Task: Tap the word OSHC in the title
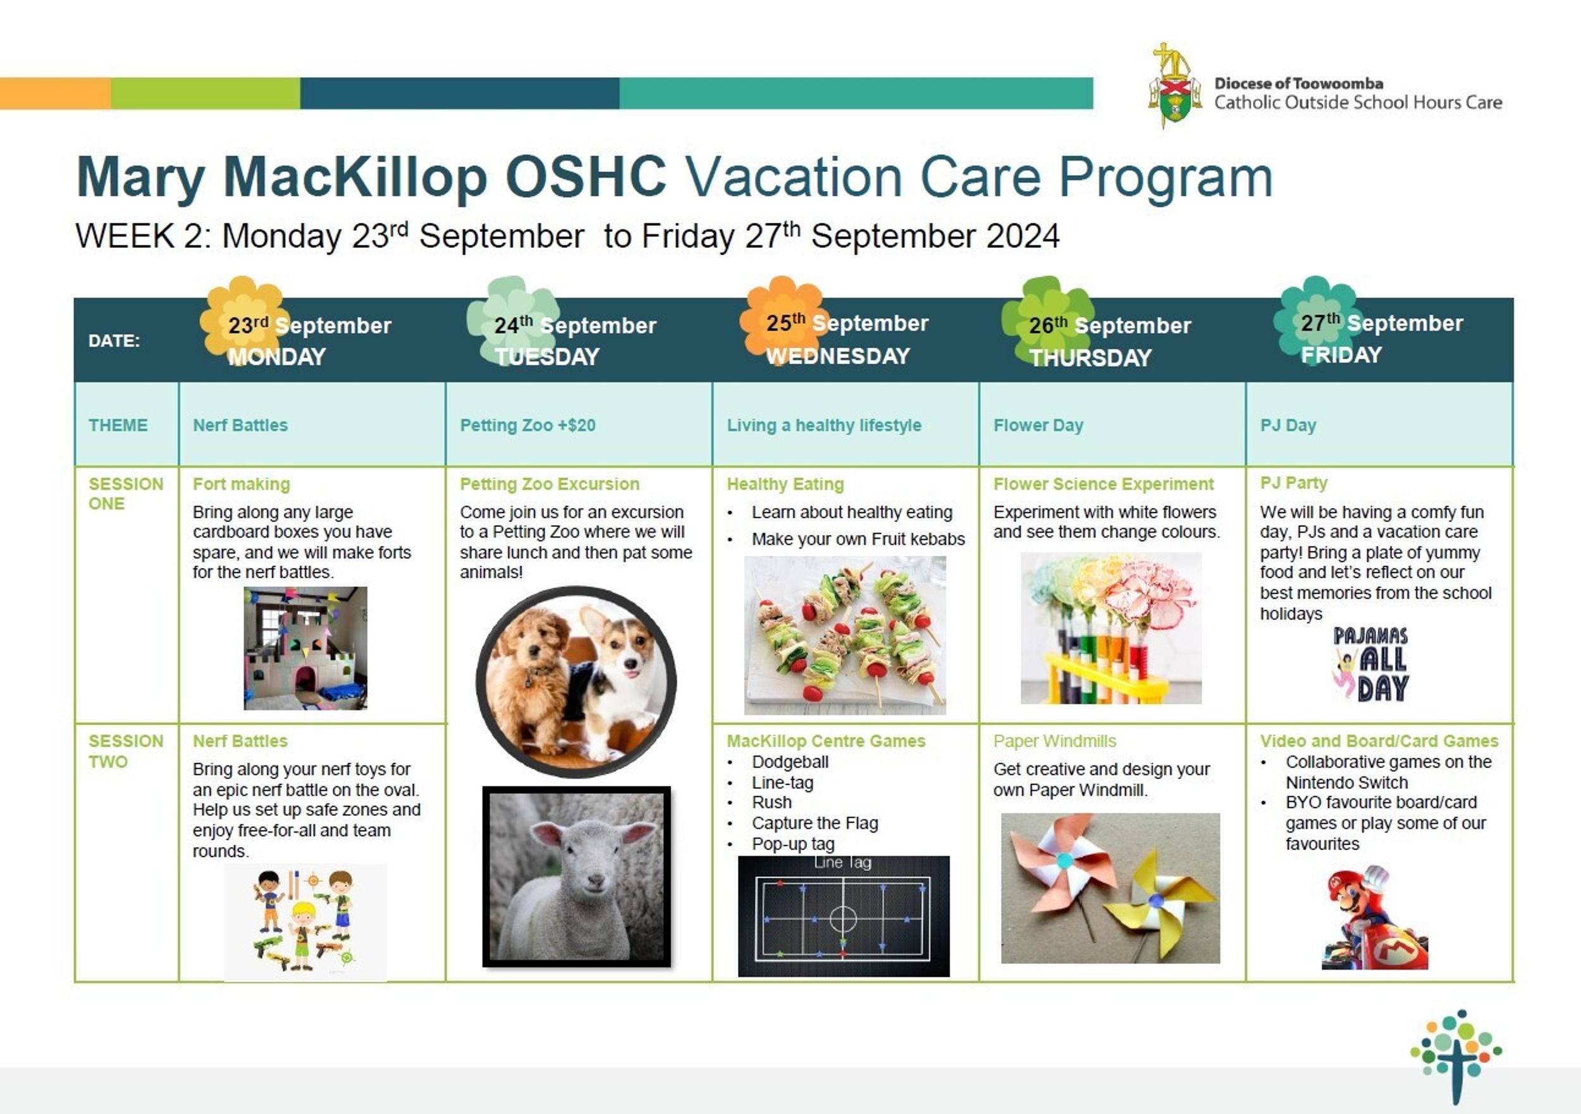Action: point(586,177)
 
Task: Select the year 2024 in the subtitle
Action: point(1023,237)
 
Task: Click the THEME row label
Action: point(118,425)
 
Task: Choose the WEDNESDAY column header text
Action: point(838,356)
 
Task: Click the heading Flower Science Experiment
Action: point(1103,484)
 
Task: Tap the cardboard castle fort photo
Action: point(305,648)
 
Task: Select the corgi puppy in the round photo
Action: point(617,679)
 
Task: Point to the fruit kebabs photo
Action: point(845,634)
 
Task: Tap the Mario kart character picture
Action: point(1374,918)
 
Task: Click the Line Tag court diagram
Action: point(844,916)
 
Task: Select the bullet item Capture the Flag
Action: point(815,823)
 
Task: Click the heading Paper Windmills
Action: point(1054,741)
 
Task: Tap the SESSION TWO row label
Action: point(126,751)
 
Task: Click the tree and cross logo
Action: point(1456,1055)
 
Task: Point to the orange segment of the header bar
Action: point(55,93)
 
